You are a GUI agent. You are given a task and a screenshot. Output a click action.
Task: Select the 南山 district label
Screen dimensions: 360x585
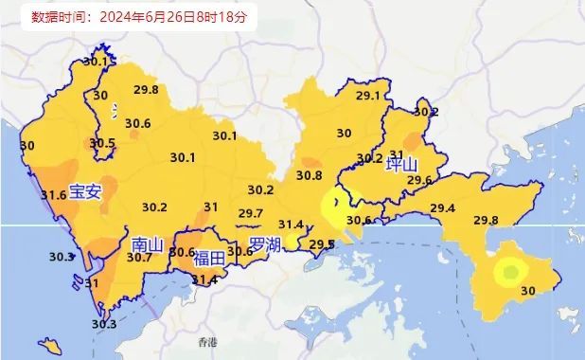(147, 245)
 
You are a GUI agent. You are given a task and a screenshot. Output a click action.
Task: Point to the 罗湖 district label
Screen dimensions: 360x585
(265, 246)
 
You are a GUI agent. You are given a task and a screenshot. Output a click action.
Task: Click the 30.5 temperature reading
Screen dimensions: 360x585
(102, 144)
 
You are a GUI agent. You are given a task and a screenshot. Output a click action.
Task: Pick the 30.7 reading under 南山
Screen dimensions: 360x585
(139, 258)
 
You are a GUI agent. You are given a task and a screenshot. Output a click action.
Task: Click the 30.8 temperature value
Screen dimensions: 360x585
(309, 175)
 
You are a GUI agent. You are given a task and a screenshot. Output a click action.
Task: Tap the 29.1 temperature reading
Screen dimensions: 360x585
(367, 96)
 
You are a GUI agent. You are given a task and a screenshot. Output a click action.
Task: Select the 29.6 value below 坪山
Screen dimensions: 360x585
(418, 181)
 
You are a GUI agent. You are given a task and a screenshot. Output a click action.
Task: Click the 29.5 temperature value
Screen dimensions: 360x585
(322, 244)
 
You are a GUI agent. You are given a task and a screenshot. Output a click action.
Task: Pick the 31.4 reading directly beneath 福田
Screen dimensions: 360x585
(205, 279)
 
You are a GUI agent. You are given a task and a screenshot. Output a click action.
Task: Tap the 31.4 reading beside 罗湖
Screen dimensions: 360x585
(291, 225)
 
